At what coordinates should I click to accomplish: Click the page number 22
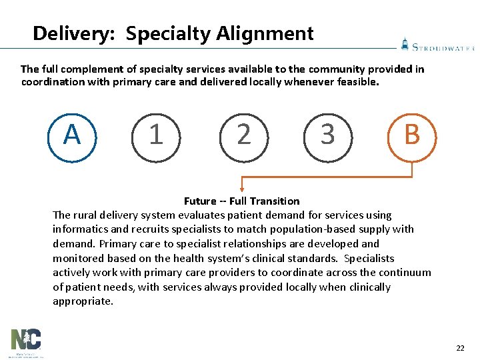coord(460,348)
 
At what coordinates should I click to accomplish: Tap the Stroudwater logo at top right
coord(437,45)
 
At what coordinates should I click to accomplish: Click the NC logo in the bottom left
coord(25,341)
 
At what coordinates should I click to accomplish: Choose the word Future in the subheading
coord(200,201)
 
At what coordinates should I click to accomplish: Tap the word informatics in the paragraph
coord(79,229)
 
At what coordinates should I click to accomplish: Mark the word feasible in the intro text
coord(357,83)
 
